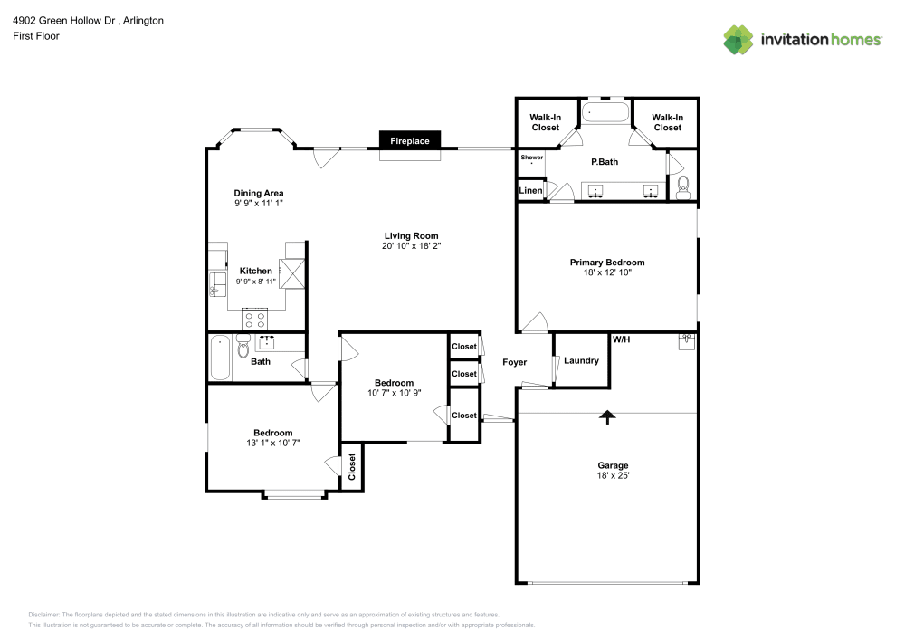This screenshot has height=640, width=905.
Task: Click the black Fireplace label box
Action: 409,141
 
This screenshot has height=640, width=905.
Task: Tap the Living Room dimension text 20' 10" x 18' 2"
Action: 411,245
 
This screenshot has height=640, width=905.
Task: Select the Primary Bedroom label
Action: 606,263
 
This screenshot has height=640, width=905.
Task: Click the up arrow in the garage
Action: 607,416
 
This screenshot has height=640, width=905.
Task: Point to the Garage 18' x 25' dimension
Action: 612,476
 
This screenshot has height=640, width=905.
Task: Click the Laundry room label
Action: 581,360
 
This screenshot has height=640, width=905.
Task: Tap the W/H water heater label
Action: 622,339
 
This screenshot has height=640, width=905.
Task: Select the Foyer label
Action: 515,362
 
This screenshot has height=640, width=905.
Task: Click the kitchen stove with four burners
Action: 254,320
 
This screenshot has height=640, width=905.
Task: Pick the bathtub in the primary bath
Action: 605,113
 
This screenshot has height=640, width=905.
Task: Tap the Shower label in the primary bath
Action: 531,158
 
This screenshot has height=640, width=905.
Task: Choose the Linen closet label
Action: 529,191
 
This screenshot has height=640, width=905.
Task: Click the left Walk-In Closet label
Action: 545,122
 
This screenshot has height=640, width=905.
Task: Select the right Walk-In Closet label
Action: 667,122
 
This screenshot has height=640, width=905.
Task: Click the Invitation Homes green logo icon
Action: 738,39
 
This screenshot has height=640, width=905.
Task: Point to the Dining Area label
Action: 259,193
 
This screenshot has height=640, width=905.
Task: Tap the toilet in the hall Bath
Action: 243,348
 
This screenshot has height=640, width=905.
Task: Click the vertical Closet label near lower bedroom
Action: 352,467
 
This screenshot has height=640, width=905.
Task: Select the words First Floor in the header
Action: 35,35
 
